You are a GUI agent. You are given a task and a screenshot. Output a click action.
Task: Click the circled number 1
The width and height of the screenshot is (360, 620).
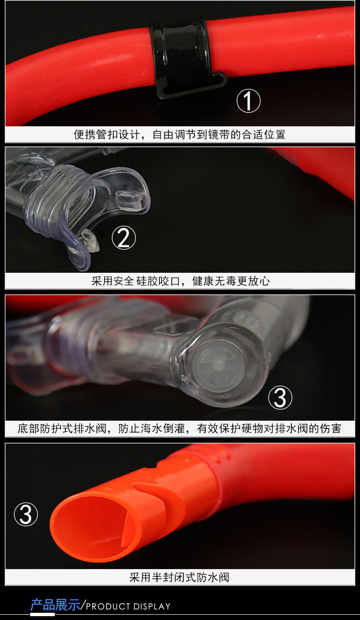tap(249, 101)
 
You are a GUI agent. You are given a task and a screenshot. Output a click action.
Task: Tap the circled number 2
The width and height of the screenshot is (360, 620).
tap(124, 238)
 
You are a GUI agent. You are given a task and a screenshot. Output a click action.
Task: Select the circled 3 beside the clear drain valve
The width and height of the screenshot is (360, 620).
tap(280, 398)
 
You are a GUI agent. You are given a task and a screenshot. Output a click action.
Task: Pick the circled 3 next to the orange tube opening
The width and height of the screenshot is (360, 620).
tap(26, 514)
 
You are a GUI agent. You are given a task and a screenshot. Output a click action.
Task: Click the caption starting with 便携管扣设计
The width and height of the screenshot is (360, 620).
tap(180, 134)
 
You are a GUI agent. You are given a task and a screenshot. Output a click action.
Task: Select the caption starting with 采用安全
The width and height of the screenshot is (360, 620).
tap(180, 281)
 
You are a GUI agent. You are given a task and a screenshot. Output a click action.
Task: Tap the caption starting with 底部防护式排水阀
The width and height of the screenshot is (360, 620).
tap(180, 428)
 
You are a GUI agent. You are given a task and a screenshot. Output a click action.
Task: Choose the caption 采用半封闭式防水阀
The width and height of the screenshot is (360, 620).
tap(180, 577)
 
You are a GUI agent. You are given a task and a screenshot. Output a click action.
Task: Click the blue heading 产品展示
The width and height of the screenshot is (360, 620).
tap(55, 605)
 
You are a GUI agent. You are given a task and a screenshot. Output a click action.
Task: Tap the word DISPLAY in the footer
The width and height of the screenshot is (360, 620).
tap(152, 607)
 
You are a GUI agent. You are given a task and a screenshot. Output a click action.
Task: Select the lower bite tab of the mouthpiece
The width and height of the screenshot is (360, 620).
tap(89, 240)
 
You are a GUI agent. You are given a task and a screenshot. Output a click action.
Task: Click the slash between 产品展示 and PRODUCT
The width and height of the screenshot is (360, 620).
tap(83, 605)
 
